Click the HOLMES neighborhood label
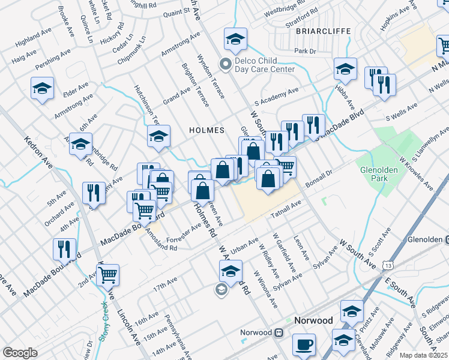click(x=206, y=130)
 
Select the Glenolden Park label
click(x=379, y=174)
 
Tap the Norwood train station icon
click(x=279, y=332)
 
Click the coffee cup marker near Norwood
click(x=304, y=345)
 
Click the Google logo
click(x=19, y=353)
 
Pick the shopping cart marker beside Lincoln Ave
click(x=108, y=275)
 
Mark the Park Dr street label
click(x=305, y=52)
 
